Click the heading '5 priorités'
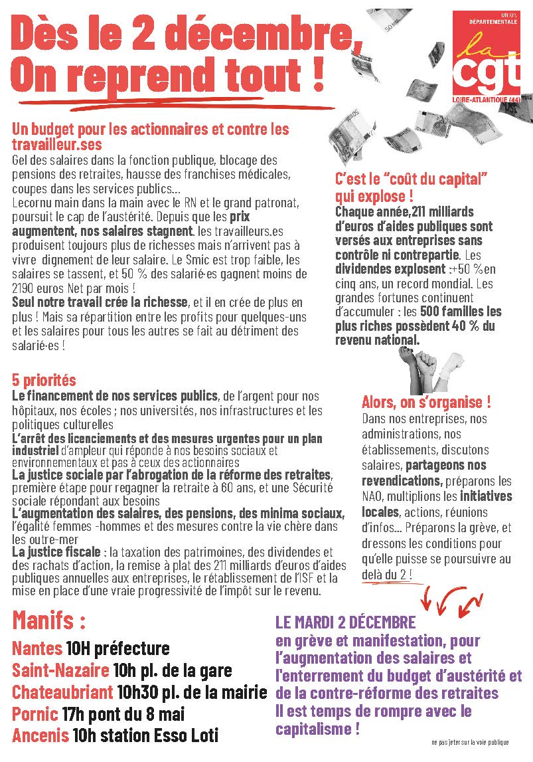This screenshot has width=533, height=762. (44, 381)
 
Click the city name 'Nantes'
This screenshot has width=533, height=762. (37, 648)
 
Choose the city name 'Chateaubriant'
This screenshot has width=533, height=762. (62, 692)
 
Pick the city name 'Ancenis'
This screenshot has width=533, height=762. (40, 736)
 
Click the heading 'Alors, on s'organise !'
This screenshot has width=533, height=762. (426, 402)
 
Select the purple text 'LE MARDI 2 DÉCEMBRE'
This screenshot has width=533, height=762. (345, 623)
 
